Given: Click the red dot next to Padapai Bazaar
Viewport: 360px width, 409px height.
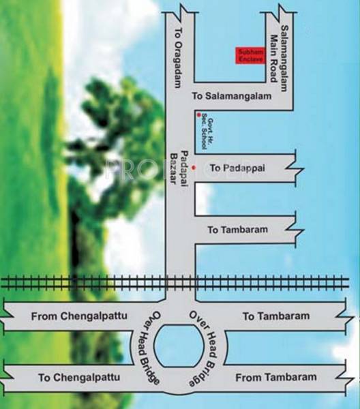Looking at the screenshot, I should click(x=194, y=167).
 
